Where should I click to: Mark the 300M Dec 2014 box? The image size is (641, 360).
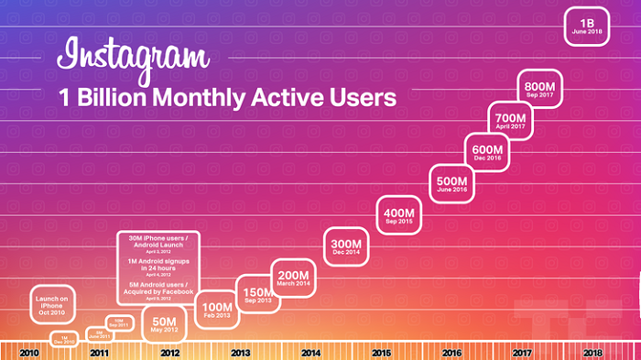pyautogui.click(x=345, y=246)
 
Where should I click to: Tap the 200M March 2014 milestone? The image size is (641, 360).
pyautogui.click(x=295, y=278)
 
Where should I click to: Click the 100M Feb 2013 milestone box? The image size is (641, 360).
pyautogui.click(x=215, y=310)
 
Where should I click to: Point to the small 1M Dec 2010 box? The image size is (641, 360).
pyautogui.click(x=64, y=339)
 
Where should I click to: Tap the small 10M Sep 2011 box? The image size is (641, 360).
pyautogui.click(x=118, y=322)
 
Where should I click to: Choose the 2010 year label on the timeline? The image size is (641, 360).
pyautogui.click(x=29, y=352)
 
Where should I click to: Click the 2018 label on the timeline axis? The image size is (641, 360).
pyautogui.click(x=592, y=352)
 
